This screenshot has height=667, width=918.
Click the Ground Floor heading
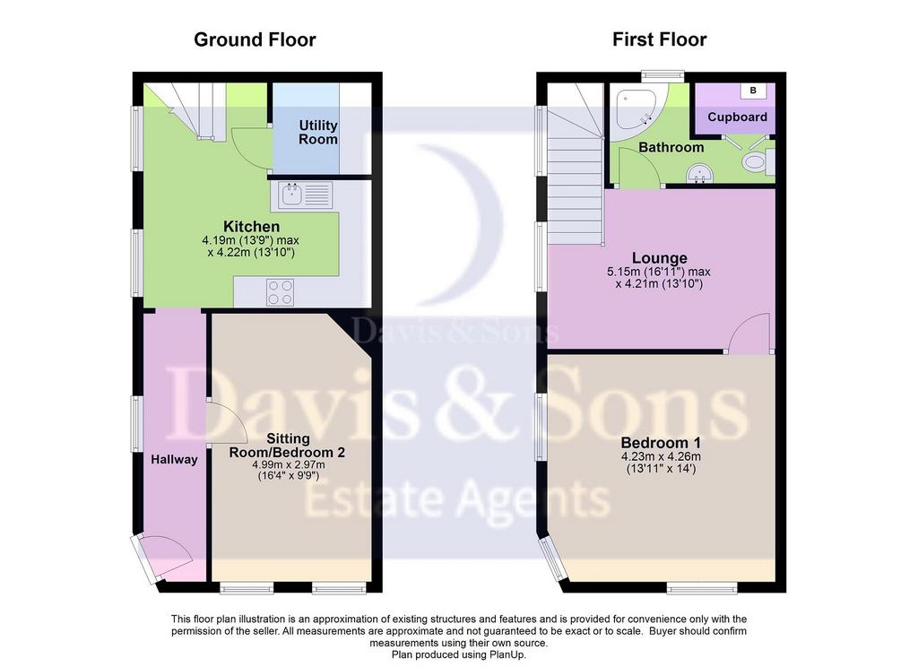[x=255, y=39]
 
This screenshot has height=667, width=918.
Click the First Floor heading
[x=659, y=39]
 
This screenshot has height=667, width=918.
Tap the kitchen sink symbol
[x=301, y=195]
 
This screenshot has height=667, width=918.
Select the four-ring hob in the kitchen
[x=281, y=292]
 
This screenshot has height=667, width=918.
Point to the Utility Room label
[x=318, y=133]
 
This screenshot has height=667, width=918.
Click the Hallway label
[x=174, y=460]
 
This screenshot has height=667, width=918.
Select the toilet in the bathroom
[x=758, y=161]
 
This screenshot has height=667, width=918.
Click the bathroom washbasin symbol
[x=699, y=173]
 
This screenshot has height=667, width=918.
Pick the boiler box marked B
[x=753, y=91]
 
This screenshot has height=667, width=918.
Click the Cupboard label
[x=737, y=117]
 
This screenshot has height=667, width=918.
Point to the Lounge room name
[x=659, y=257]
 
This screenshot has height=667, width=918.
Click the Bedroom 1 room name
[x=661, y=443]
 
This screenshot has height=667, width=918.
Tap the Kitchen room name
[x=251, y=226]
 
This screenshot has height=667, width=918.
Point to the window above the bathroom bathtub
[x=663, y=75]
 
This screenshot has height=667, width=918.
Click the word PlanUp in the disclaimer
[x=508, y=654]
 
